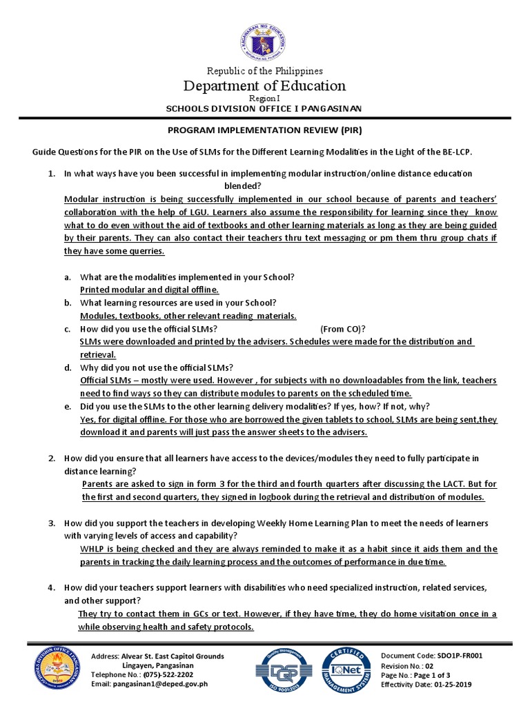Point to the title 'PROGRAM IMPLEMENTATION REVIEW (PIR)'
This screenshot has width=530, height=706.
coord(265,130)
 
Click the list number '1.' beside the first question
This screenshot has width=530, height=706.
coord(52,174)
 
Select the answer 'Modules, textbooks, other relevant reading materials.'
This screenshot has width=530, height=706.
coord(188,316)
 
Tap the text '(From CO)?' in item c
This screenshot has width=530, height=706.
coord(343,329)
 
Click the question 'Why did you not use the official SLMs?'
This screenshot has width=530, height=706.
coord(157,367)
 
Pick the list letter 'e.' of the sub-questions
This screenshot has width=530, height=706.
coord(68,407)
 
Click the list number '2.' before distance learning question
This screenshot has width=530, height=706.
coord(52,458)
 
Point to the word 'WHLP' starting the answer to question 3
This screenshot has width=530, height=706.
coord(91,549)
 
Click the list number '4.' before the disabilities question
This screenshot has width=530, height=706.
coord(52,587)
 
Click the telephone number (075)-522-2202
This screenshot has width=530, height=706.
coord(164,675)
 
